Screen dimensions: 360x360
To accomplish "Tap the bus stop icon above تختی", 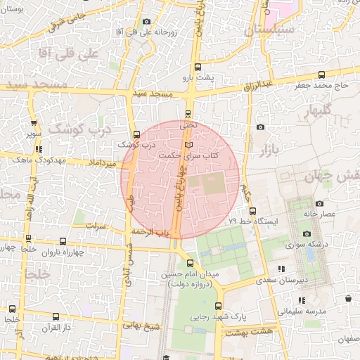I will [188, 114].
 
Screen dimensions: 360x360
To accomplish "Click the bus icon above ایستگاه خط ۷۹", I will [252, 210].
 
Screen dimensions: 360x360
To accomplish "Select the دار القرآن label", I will [56, 327].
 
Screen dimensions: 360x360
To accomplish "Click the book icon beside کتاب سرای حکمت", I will [187, 145].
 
